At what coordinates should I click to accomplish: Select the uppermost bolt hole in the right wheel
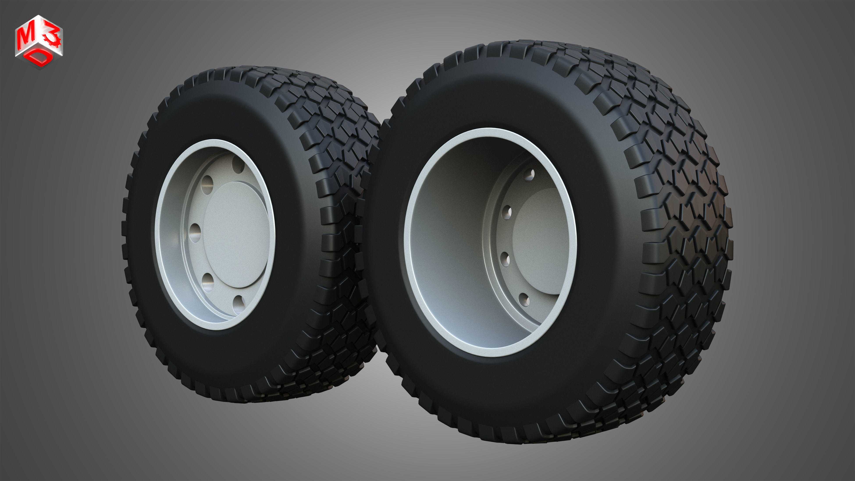(529, 174)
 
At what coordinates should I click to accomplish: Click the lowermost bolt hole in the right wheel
(524, 300)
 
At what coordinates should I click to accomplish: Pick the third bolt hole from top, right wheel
(505, 259)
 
